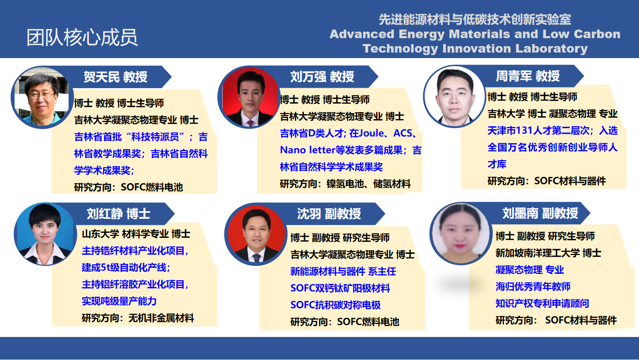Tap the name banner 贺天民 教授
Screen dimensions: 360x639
coord(115,77)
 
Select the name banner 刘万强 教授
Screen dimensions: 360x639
coord(322,77)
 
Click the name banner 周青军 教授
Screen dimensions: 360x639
coord(528,76)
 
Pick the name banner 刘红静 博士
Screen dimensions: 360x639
coord(119,214)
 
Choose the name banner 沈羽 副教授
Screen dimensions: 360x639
coord(329,214)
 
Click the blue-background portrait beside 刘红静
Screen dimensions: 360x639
coord(44,234)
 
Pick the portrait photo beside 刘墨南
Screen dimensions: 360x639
coord(460,233)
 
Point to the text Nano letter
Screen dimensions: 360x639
coord(307,150)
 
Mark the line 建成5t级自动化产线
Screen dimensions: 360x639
coord(126,267)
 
